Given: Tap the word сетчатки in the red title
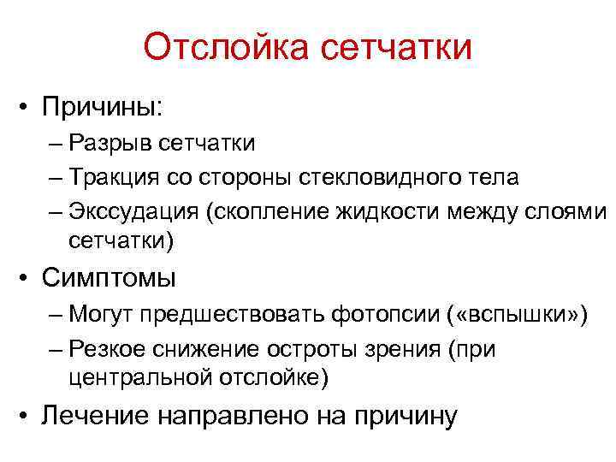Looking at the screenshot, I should pyautogui.click(x=396, y=48).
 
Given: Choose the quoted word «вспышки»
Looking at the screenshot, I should pyautogui.click(x=517, y=316).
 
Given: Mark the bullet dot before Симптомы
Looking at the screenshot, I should pyautogui.click(x=28, y=279).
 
